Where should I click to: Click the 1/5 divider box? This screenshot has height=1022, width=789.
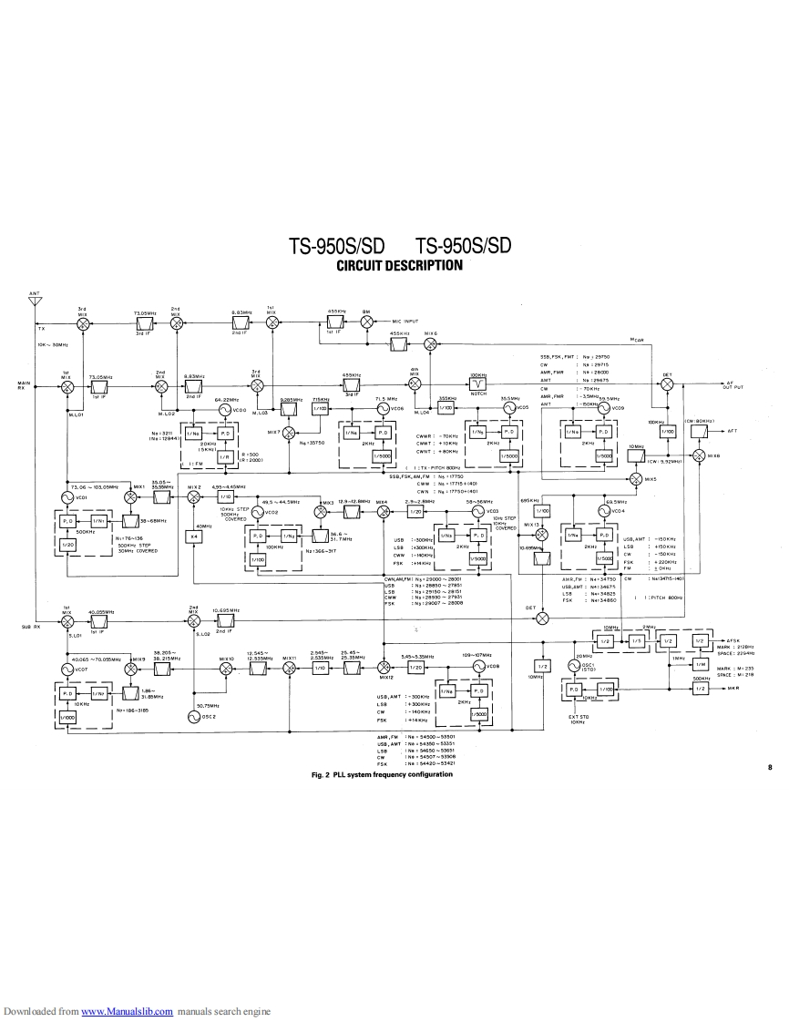tap(638, 641)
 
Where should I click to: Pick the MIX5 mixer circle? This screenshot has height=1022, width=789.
tap(636, 478)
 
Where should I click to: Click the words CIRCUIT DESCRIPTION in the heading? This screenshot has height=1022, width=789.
tap(399, 266)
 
